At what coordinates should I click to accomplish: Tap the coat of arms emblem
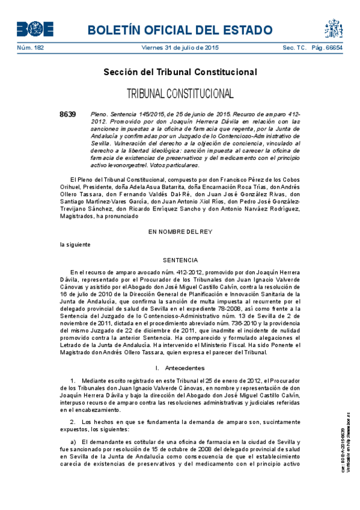(334, 28)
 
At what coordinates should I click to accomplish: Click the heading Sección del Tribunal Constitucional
(180, 72)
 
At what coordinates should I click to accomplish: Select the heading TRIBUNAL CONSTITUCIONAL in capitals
(180, 94)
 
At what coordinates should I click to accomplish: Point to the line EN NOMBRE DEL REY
(180, 232)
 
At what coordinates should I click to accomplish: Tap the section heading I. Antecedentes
(180, 367)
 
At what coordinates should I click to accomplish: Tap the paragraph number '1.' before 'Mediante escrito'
(73, 381)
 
